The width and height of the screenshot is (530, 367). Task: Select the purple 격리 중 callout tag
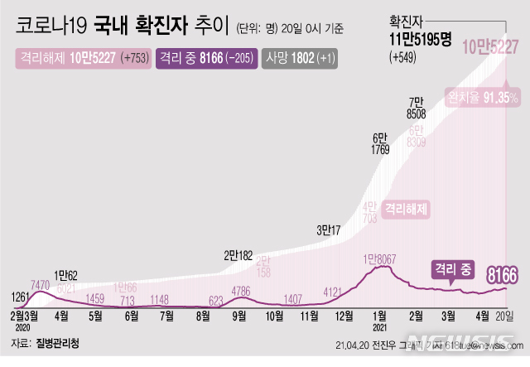coord(452,268)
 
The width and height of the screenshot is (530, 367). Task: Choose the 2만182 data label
coord(238,255)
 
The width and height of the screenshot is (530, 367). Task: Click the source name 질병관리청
coord(56,342)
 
